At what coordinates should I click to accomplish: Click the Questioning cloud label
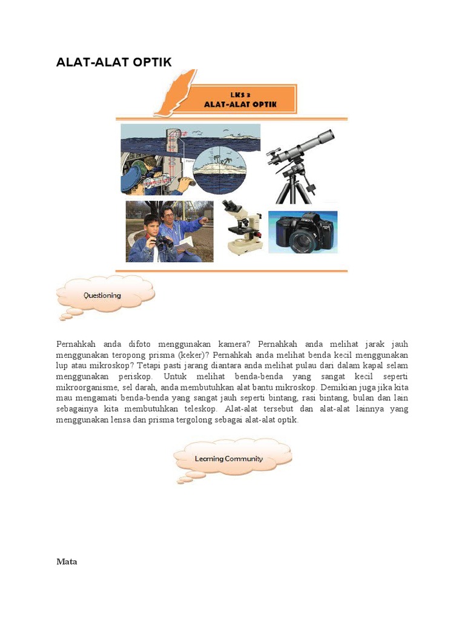102,295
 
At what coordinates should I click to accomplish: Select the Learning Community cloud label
229,458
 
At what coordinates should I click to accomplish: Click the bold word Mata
67,562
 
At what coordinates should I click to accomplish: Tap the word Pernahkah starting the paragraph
76,344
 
